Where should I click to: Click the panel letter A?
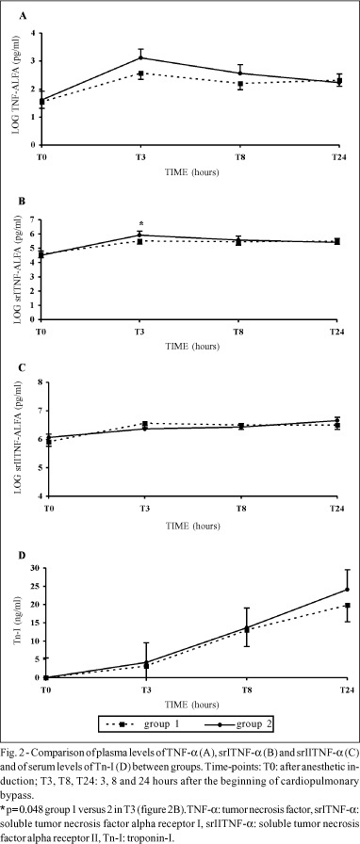pyautogui.click(x=23, y=17)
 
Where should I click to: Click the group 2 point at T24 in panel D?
pyautogui.click(x=339, y=589)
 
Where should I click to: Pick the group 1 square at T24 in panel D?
pyautogui.click(x=339, y=606)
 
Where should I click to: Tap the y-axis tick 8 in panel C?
pyautogui.click(x=40, y=382)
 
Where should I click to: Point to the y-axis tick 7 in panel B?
pyautogui.click(x=40, y=219)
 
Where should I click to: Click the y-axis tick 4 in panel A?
pyautogui.click(x=40, y=33)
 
